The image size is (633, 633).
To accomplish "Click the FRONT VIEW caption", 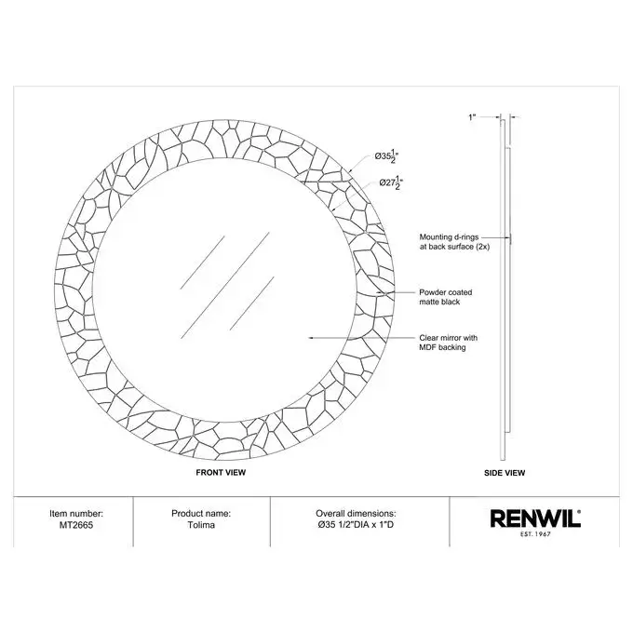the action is coord(221,472).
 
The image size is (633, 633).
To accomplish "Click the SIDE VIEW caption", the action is coord(505,473).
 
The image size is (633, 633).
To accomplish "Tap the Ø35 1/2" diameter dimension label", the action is coord(386,157).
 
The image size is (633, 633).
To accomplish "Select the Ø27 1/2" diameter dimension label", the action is coord(391,182).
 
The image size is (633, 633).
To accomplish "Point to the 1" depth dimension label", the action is coord(472,117).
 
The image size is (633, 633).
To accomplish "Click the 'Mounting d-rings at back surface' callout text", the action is coord(454,242).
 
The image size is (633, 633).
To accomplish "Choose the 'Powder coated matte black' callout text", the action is coord(445,297).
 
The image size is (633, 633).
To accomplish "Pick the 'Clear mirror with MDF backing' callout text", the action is coord(448,343).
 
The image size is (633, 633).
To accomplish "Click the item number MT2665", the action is coord(76,525).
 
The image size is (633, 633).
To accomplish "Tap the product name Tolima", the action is coord(201,525).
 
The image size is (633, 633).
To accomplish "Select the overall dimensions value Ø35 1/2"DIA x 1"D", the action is coord(356,525).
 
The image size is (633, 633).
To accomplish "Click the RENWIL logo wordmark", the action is coord(535,519).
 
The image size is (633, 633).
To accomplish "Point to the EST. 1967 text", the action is coord(535,534).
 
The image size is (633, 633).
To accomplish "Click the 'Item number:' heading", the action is coord(76,514).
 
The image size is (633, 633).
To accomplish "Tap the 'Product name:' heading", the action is coord(201,514).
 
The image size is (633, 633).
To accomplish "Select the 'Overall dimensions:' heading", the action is coord(356,514).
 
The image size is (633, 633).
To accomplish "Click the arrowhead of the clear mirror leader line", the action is coord(310,338).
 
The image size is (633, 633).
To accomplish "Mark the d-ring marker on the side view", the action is coord(511,238).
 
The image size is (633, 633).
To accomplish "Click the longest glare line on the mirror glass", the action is coord(225,285).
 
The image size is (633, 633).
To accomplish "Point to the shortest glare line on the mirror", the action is coord(252,303).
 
